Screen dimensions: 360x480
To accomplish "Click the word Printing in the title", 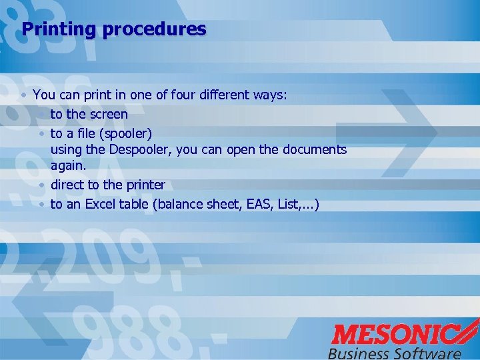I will [x=59, y=30].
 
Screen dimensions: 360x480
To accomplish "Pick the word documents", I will [x=313, y=149].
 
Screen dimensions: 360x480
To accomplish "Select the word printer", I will [x=145, y=185].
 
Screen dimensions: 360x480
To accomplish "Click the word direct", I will [x=67, y=185].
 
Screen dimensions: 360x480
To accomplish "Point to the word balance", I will [x=179, y=204].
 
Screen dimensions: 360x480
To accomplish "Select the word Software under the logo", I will [x=429, y=353].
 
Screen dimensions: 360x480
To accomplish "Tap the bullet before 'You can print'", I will [x=24, y=96].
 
